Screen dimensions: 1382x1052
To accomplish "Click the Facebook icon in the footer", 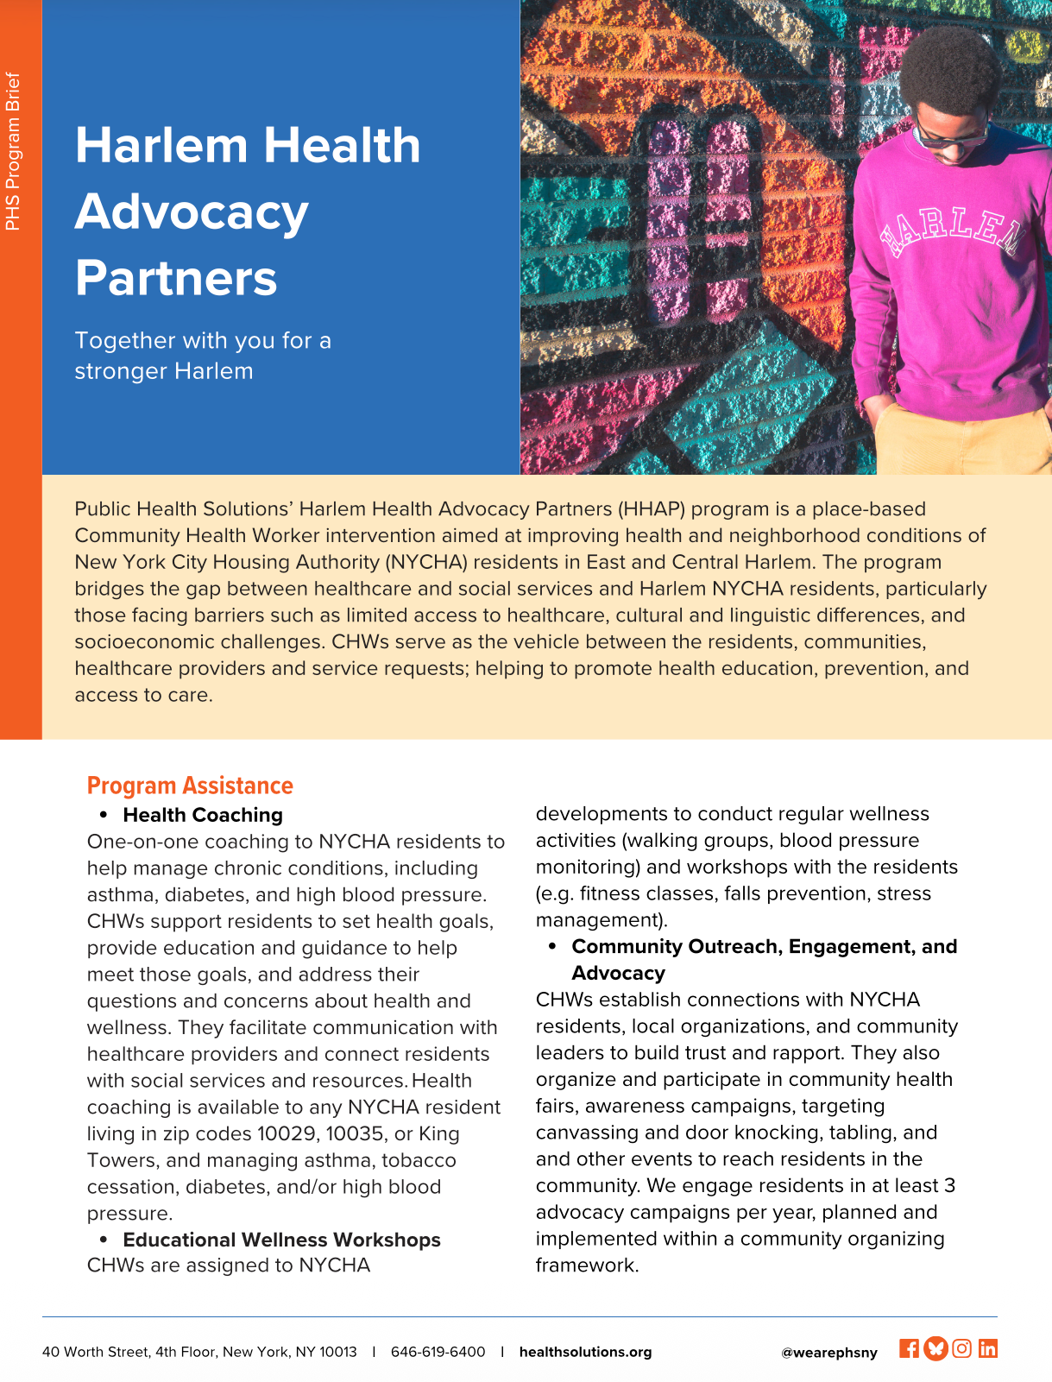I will pyautogui.click(x=909, y=1348).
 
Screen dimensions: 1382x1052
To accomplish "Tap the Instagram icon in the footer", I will pyautogui.click(x=962, y=1348).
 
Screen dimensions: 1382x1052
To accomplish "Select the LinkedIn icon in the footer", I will pyautogui.click(x=988, y=1348).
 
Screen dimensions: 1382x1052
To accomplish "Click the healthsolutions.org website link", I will pyautogui.click(x=585, y=1352).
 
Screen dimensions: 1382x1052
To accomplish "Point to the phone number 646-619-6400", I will pyautogui.click(x=438, y=1352).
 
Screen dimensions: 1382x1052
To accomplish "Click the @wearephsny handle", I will pyautogui.click(x=828, y=1353).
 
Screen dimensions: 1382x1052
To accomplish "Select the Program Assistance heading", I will pyautogui.click(x=190, y=786).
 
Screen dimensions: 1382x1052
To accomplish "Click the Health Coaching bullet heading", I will pyautogui.click(x=203, y=815).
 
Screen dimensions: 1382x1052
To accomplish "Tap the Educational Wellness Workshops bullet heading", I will pyautogui.click(x=281, y=1240).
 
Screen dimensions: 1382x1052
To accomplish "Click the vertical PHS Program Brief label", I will pyautogui.click(x=13, y=151).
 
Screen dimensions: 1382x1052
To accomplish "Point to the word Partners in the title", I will pyautogui.click(x=176, y=278).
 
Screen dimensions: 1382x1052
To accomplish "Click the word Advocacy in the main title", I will pyautogui.click(x=192, y=211).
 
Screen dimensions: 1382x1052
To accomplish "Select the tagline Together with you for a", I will pyautogui.click(x=203, y=340).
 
